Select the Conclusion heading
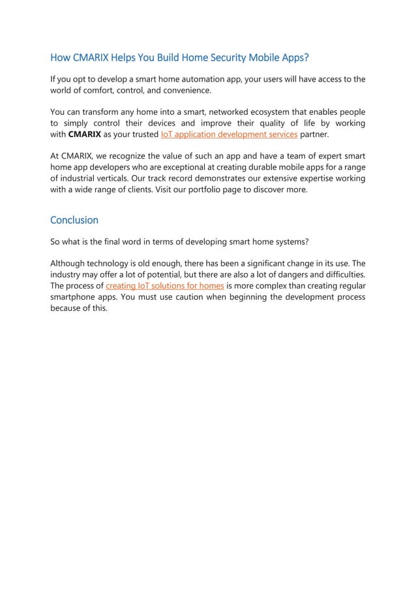(74, 220)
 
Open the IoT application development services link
(229, 135)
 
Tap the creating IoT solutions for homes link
(165, 286)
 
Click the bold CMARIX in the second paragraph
(85, 135)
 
